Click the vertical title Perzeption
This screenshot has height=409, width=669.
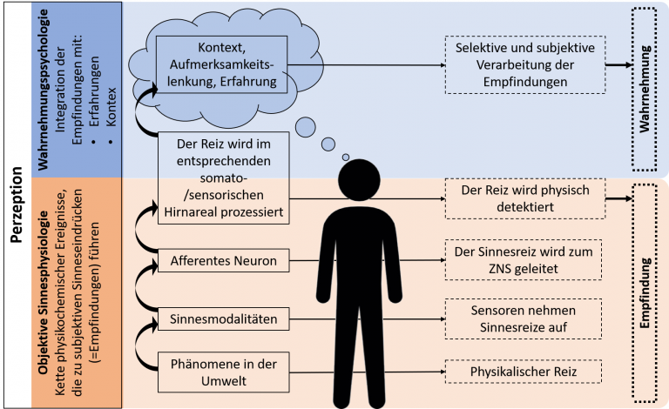click(17, 204)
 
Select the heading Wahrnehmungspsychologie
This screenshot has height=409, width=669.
click(43, 90)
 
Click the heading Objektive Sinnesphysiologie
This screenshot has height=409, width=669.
click(43, 292)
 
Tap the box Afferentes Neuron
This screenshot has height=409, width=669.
click(224, 260)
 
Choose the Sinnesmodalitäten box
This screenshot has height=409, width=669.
click(224, 318)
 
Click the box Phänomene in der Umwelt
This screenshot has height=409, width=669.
click(224, 372)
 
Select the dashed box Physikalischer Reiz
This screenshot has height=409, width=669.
click(524, 372)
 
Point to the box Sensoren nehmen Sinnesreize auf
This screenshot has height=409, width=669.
click(524, 318)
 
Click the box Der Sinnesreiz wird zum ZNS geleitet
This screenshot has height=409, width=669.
click(524, 260)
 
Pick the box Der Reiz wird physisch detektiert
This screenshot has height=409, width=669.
click(525, 198)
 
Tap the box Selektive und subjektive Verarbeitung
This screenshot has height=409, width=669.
click(525, 64)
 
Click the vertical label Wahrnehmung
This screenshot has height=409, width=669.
click(645, 89)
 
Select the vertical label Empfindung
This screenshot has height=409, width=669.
click(645, 292)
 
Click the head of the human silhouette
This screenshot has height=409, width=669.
click(359, 180)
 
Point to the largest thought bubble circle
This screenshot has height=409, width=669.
click(306, 127)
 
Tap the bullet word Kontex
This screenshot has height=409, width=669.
click(111, 107)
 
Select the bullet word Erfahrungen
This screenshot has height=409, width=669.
click(94, 91)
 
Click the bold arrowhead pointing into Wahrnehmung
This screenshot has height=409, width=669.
click(627, 64)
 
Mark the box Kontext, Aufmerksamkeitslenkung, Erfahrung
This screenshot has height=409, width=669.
click(222, 64)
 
